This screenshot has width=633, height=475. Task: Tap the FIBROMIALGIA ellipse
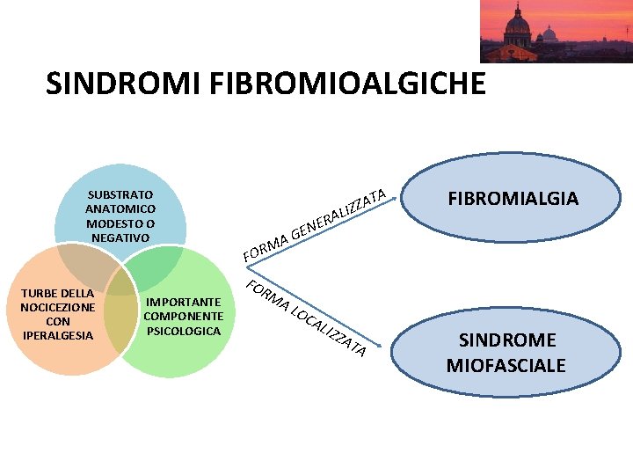coord(513,199)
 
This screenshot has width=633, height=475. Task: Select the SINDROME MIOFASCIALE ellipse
coord(506,352)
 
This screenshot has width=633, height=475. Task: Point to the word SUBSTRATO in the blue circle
coord(120,194)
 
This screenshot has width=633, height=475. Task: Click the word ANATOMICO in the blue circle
coord(120,208)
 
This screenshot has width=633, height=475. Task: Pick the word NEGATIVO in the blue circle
coord(120,237)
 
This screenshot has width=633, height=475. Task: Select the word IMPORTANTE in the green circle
coord(183,302)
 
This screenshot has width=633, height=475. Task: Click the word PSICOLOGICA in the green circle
coord(183,331)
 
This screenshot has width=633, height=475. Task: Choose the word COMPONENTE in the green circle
coord(183,316)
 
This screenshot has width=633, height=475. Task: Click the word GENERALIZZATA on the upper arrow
coord(339,214)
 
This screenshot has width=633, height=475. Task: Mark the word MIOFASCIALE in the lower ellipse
coord(506,364)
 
